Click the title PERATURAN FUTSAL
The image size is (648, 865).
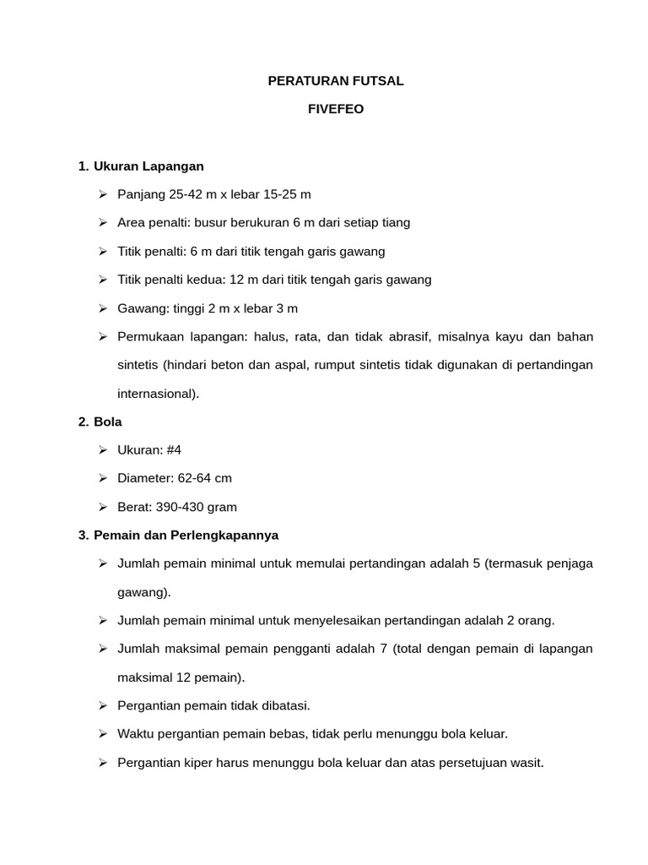pos(336,81)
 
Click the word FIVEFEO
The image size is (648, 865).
pos(336,109)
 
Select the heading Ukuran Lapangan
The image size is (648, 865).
pos(148,166)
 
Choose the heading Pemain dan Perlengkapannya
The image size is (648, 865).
pos(186,535)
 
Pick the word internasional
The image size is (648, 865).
pos(157,393)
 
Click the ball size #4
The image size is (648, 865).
pos(174,449)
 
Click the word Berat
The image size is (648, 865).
pos(134,507)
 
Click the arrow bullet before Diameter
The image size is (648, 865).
pos(102,478)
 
